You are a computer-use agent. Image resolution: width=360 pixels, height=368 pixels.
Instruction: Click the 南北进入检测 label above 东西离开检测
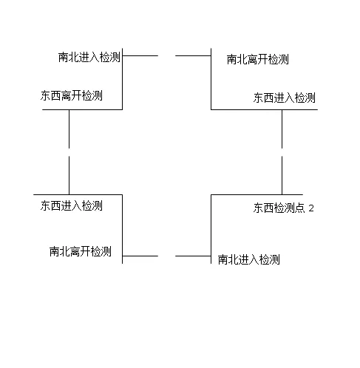tap(89, 57)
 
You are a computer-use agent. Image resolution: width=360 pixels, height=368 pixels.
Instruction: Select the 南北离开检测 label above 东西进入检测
tap(257, 60)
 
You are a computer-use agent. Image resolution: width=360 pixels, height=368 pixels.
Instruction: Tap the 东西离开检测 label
tap(72, 96)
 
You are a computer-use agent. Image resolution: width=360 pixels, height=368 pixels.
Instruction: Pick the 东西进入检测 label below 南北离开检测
tap(285, 98)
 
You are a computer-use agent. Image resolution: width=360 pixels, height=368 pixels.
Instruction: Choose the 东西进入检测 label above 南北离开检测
tap(72, 205)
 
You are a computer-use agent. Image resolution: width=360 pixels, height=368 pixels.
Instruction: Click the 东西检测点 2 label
tap(284, 208)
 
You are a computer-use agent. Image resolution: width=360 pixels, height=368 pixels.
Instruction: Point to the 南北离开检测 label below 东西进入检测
tap(81, 251)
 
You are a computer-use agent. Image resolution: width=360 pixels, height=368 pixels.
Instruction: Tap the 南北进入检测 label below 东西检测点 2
tap(249, 259)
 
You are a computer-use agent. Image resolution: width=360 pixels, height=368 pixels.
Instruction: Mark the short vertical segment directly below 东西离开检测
tap(69, 129)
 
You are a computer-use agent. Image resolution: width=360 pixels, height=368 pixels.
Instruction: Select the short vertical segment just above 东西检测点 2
tap(282, 174)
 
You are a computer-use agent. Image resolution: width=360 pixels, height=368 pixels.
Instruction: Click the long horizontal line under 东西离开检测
tap(81, 110)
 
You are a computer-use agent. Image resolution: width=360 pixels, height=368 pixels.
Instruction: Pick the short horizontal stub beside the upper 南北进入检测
tap(140, 55)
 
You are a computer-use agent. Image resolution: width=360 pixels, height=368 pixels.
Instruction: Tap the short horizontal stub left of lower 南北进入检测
tap(193, 256)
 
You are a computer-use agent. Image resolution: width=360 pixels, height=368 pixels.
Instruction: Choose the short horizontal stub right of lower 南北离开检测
tap(140, 256)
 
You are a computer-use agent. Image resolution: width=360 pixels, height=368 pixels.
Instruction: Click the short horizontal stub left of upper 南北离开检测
tap(193, 55)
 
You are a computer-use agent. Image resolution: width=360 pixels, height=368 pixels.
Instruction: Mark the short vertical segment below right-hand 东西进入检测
tap(282, 129)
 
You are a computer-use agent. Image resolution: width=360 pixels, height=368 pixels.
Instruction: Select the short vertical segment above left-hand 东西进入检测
tap(69, 174)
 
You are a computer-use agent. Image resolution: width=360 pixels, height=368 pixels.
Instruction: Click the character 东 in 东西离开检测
tap(46, 96)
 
